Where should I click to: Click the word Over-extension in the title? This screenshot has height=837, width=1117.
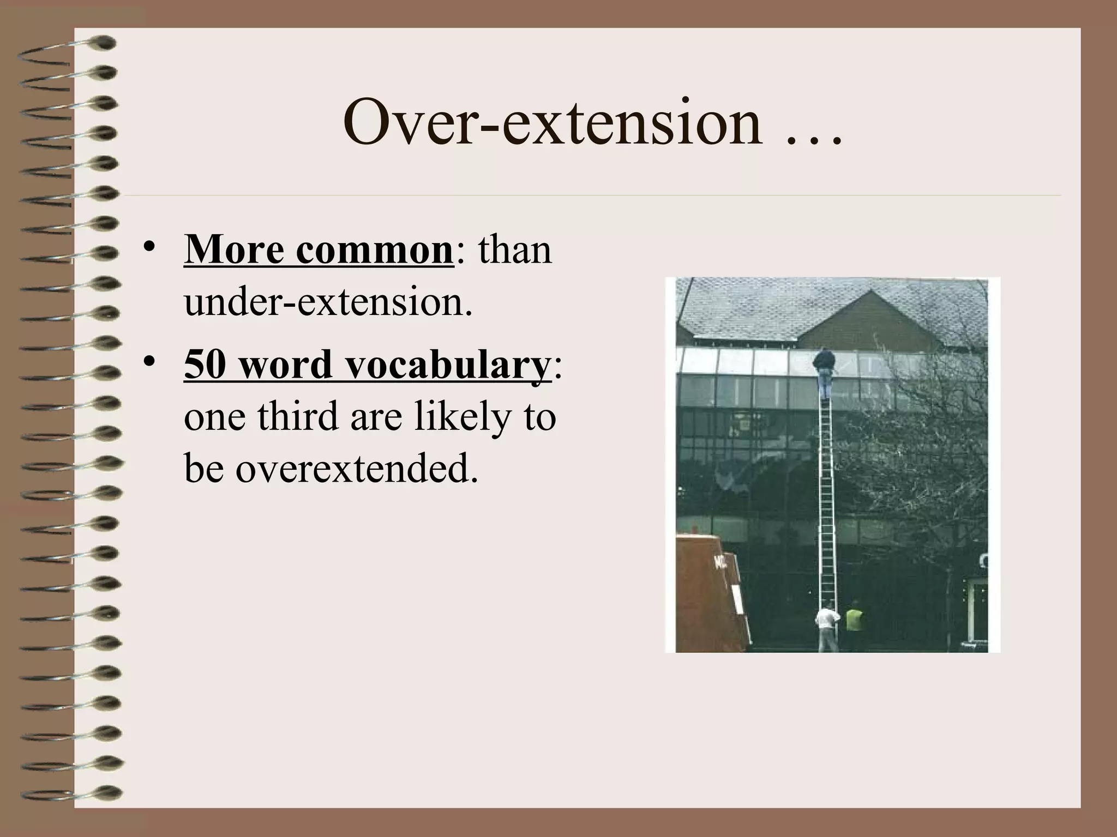pos(551,123)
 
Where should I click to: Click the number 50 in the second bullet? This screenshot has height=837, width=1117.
pos(205,363)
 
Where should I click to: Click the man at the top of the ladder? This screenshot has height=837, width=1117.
pos(825,371)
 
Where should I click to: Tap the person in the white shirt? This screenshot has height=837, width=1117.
pos(827,627)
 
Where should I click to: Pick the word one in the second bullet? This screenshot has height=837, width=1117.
pos(215,417)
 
